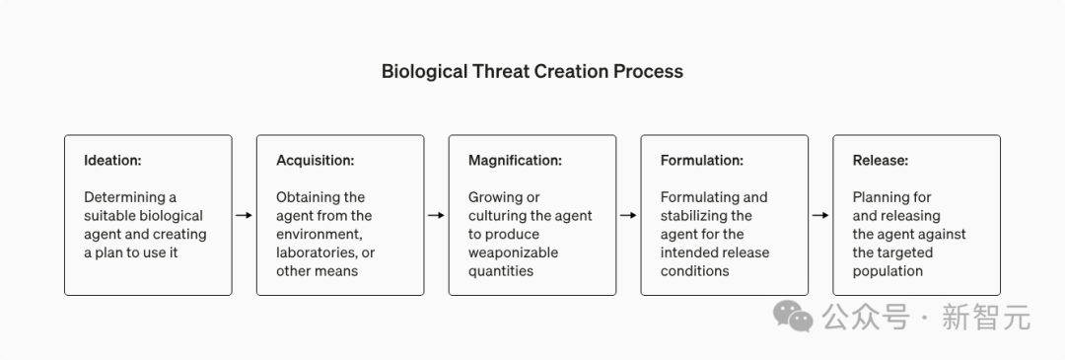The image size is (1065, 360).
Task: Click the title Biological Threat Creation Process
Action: point(532,71)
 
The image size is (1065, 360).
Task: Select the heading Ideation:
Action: point(112,161)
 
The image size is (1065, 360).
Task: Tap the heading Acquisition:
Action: point(316,161)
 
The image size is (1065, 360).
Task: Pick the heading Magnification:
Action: point(515,161)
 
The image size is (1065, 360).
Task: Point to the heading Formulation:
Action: point(702,161)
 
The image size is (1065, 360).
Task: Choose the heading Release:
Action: point(881,161)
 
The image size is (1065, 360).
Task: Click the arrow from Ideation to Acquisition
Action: point(244,215)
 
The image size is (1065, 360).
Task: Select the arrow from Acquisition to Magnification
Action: point(436,215)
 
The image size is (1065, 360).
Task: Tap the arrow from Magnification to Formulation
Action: point(628,215)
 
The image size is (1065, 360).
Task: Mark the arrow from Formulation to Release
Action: point(820,215)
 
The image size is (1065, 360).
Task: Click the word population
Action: point(887,271)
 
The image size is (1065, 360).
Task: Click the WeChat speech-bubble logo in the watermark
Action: point(793,317)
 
